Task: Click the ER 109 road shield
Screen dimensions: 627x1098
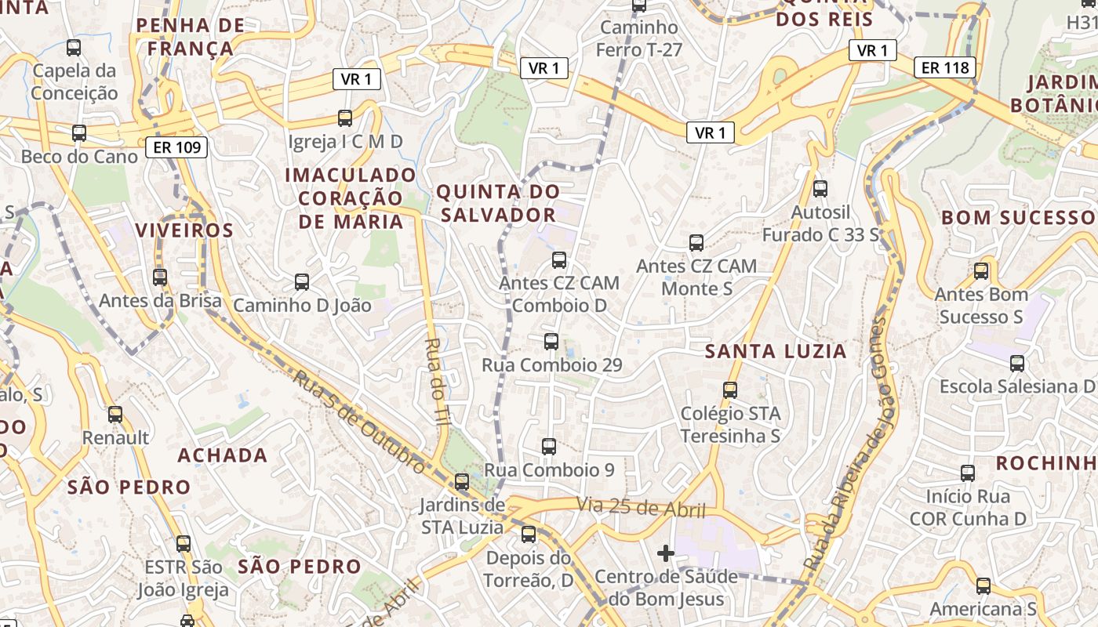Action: [176, 147]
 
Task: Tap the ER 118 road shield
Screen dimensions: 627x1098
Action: [945, 67]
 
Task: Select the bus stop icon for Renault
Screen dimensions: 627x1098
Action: [115, 415]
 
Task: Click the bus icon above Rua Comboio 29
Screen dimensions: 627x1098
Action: [551, 342]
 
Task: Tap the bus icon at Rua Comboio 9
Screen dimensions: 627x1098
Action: [549, 447]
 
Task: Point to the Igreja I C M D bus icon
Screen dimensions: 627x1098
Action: [345, 118]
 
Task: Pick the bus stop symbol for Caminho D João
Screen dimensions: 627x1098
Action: [302, 282]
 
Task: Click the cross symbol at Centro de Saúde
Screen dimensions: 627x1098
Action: [666, 554]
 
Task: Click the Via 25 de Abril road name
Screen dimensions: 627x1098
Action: [642, 507]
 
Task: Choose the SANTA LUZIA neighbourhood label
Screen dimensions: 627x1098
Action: [776, 351]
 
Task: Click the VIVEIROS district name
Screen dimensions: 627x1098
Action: [184, 230]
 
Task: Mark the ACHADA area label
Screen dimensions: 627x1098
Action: [223, 455]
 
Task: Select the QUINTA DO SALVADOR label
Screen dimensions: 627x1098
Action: [498, 203]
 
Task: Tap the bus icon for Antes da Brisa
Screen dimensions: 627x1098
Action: [160, 277]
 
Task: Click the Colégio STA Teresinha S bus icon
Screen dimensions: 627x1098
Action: [730, 390]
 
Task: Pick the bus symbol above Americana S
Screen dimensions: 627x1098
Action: [983, 585]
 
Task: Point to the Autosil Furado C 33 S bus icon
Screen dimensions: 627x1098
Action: [820, 188]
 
